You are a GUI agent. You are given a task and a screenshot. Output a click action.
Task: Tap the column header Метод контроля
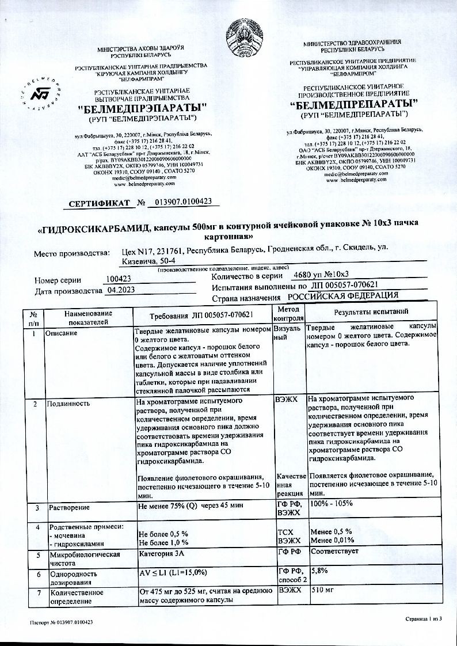point(288,314)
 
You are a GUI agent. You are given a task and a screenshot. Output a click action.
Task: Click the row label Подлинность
point(69,403)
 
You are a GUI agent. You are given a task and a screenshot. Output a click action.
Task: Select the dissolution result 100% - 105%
point(332,504)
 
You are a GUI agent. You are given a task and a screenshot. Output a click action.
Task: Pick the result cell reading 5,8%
point(319,571)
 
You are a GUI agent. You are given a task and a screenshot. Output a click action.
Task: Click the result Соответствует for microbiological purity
point(334,551)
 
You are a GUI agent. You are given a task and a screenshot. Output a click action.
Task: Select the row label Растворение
point(70,507)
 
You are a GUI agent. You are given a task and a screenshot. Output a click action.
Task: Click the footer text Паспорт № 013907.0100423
point(62,622)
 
